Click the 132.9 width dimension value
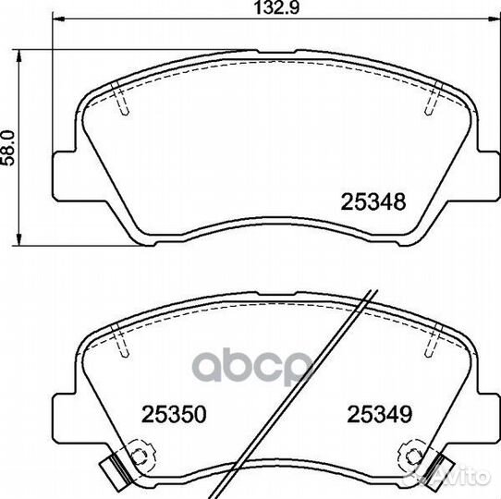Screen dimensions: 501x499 pyautogui.click(x=276, y=8)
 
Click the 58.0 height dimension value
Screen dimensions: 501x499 pyautogui.click(x=8, y=148)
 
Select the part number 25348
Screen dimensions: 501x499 pyautogui.click(x=373, y=201)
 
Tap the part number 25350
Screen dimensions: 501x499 pyautogui.click(x=174, y=414)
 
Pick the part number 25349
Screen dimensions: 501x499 pyautogui.click(x=380, y=414)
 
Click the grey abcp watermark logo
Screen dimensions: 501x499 pyautogui.click(x=252, y=366)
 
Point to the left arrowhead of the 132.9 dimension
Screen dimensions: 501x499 pyautogui.click(x=58, y=19)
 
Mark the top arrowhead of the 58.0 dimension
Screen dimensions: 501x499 pyautogui.click(x=19, y=55)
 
